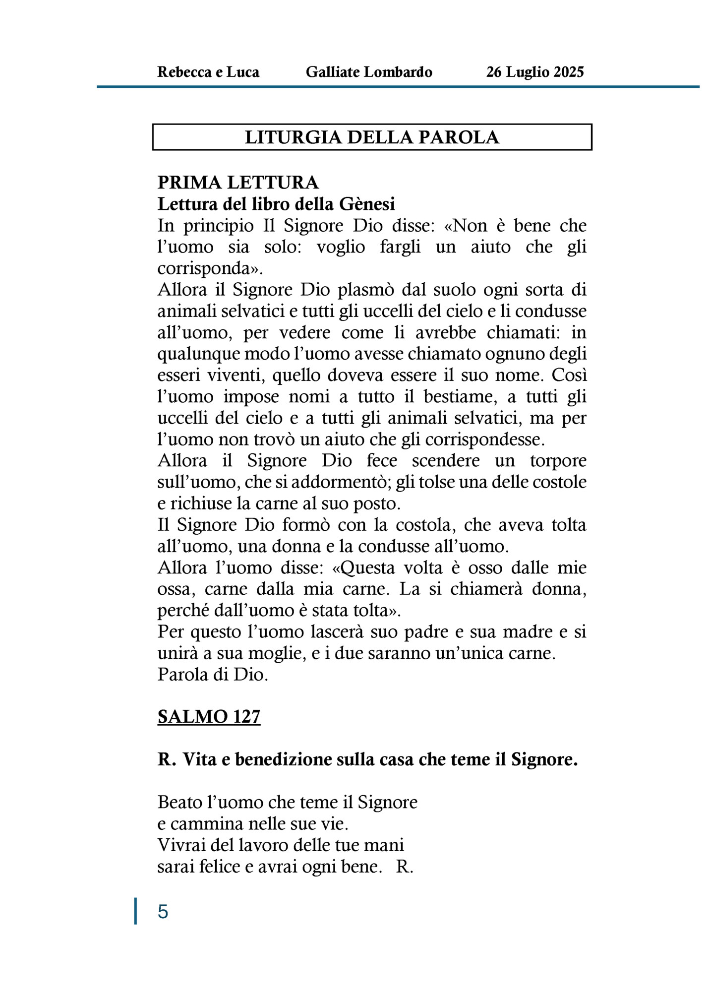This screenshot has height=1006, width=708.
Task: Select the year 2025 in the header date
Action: click(569, 72)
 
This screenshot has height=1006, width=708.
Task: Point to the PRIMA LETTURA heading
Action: click(238, 183)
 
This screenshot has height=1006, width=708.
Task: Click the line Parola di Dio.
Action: click(213, 675)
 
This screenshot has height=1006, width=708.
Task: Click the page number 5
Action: click(163, 912)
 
